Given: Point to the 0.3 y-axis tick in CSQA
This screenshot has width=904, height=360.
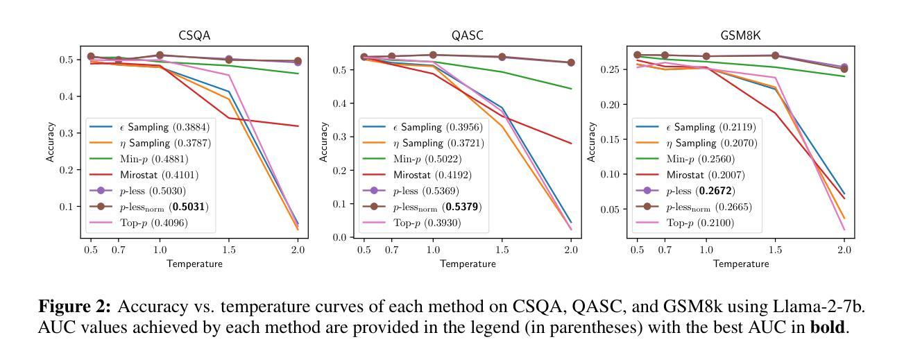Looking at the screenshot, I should (67, 133).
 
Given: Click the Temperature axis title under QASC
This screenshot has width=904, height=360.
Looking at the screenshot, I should (467, 264).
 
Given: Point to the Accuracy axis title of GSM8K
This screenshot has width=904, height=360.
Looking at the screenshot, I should (592, 142).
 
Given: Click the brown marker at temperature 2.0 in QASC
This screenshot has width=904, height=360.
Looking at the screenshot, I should (571, 62).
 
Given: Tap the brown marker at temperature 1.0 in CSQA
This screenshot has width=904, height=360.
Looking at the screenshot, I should (160, 55).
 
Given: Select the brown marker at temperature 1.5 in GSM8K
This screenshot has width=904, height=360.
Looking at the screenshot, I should (775, 55).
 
